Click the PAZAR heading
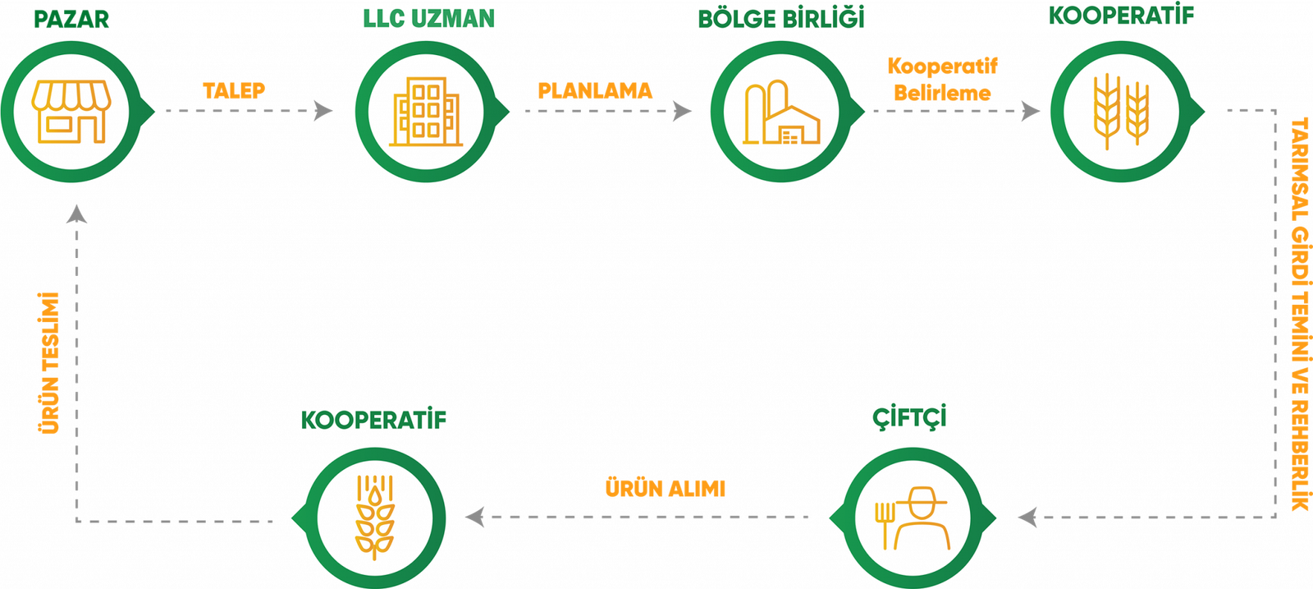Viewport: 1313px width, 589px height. pyautogui.click(x=71, y=20)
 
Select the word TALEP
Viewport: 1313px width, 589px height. pyautogui.click(x=234, y=90)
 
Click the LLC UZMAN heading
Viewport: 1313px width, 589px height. pyautogui.click(x=429, y=19)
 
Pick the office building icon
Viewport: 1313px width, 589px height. pyautogui.click(x=425, y=113)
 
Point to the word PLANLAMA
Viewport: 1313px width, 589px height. pyautogui.click(x=595, y=90)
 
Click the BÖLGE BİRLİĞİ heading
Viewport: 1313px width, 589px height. pyautogui.click(x=780, y=19)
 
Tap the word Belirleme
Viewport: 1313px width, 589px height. pyautogui.click(x=942, y=93)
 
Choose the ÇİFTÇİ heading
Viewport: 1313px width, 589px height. pyautogui.click(x=909, y=417)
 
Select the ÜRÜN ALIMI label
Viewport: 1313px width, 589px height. pyautogui.click(x=666, y=489)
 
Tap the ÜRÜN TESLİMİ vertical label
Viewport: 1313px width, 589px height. pyautogui.click(x=50, y=362)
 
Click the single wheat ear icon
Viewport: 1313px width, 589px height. pyautogui.click(x=374, y=517)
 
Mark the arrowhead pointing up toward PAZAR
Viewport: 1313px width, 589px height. pyautogui.click(x=76, y=214)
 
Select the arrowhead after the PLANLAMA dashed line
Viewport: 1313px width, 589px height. pyautogui.click(x=682, y=110)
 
